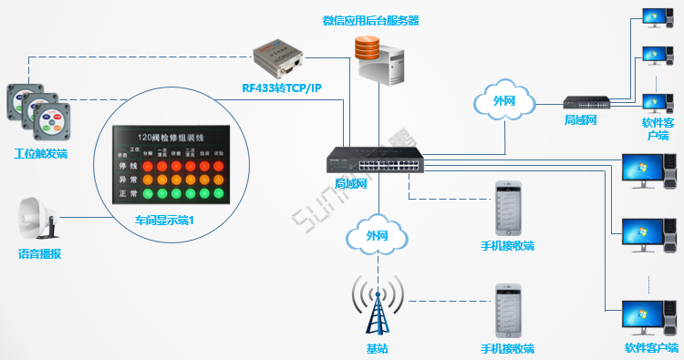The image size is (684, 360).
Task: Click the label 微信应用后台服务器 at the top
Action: [371, 20]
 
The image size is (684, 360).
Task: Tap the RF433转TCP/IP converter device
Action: [279, 56]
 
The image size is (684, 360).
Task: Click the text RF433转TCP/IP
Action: [282, 88]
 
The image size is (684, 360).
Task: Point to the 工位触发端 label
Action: [41, 152]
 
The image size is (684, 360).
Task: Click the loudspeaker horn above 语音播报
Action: [39, 219]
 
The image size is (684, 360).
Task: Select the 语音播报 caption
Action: [40, 254]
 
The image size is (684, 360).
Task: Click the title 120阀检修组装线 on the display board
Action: [171, 136]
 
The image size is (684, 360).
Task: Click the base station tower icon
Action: [377, 305]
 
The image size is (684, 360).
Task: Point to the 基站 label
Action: [377, 348]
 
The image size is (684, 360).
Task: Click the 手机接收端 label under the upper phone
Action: [507, 246]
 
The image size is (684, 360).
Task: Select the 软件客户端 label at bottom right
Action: [651, 348]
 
